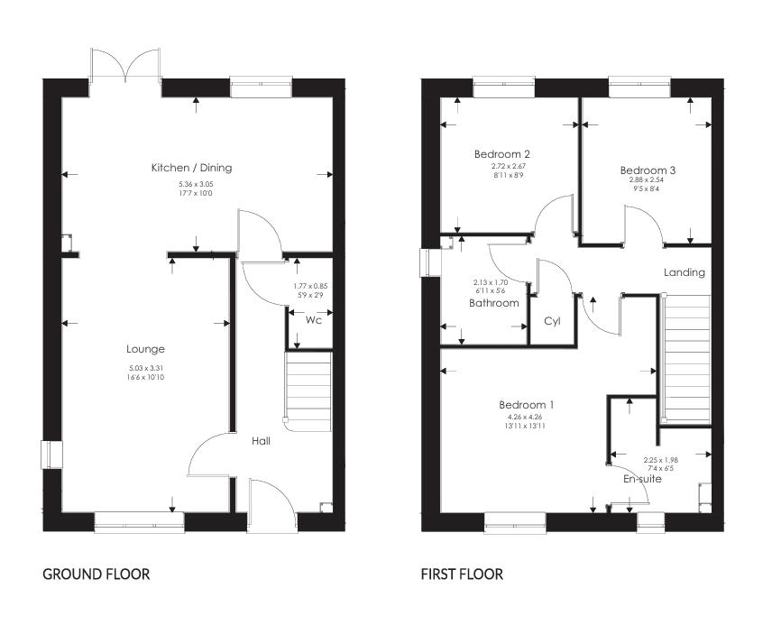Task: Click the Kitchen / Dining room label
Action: pos(191,168)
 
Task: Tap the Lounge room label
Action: pos(145,349)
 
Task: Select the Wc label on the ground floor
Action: pos(313,320)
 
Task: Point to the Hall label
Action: pos(261,441)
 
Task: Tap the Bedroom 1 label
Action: pos(527,405)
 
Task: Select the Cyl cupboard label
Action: pos(553,321)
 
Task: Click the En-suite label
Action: pos(643,479)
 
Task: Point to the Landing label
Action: pos(685,272)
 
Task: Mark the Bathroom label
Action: pos(493,303)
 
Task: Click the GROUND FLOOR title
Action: pos(96,574)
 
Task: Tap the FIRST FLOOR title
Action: pos(462,574)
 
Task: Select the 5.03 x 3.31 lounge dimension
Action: pos(146,368)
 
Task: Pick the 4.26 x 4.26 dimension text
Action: pos(528,418)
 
